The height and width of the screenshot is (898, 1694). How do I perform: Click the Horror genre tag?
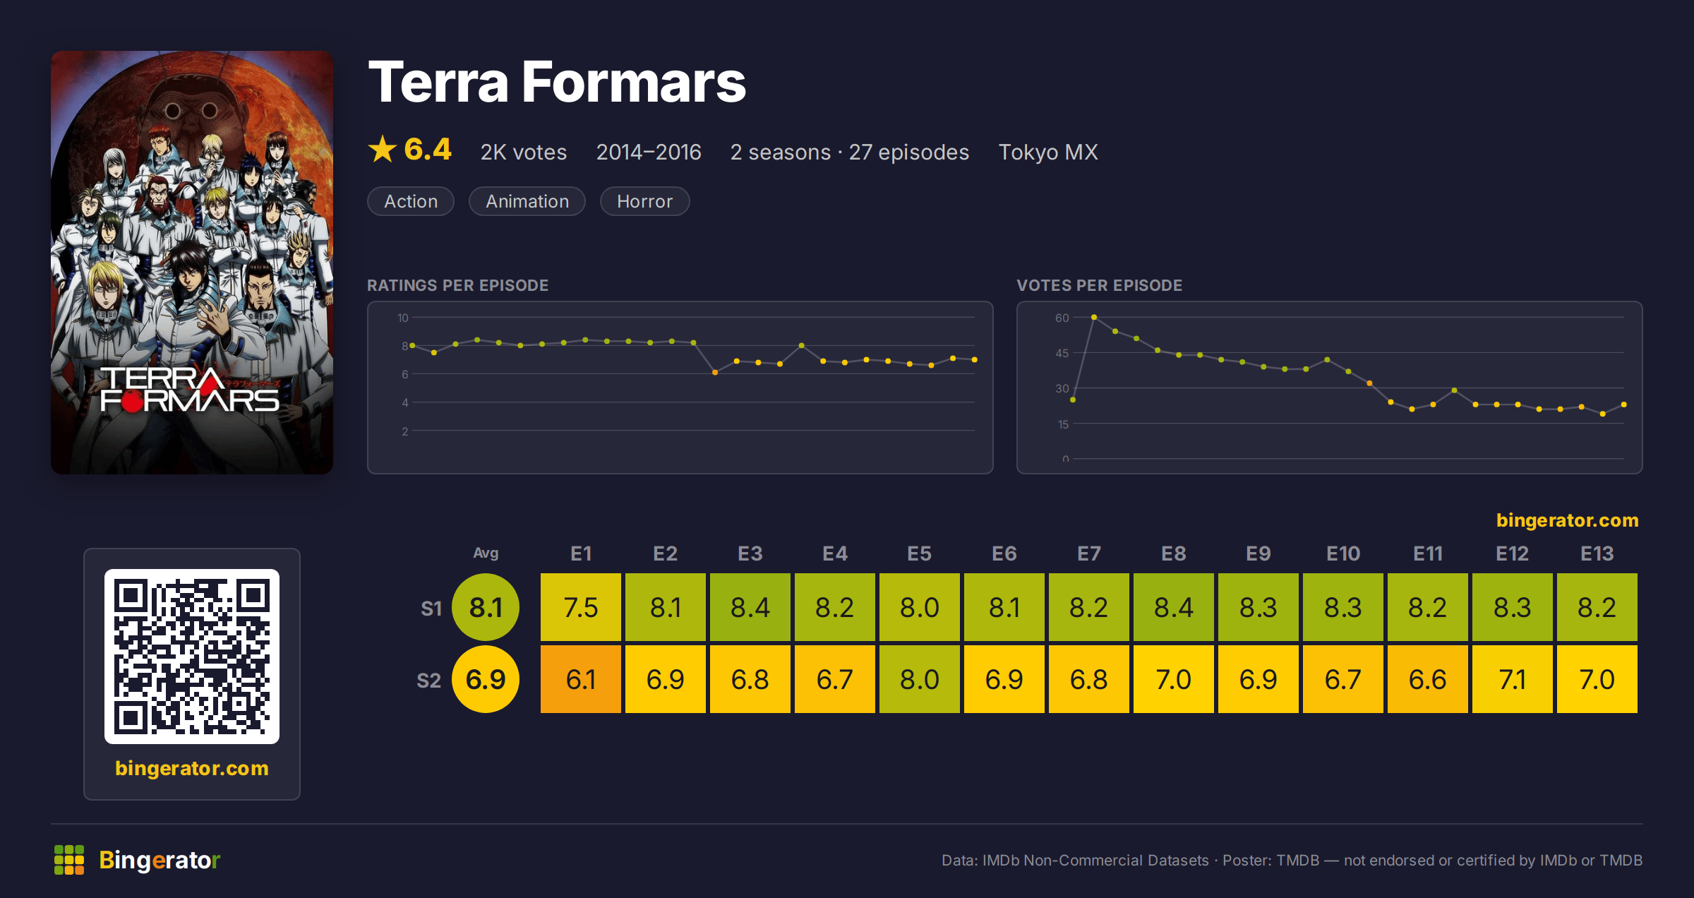[x=644, y=201]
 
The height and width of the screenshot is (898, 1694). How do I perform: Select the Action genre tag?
[x=411, y=201]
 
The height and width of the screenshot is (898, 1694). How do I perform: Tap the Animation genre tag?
[x=527, y=201]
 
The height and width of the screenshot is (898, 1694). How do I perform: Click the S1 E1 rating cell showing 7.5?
[x=581, y=607]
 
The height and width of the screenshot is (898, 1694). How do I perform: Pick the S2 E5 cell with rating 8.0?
[x=920, y=679]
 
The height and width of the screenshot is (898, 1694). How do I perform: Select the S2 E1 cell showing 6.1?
[x=581, y=679]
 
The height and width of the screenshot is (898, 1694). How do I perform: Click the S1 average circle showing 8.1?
[x=486, y=607]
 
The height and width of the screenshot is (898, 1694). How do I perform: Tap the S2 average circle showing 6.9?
[x=486, y=679]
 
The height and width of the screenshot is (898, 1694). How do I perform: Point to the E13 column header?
[x=1597, y=553]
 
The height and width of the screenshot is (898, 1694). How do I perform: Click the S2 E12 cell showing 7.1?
[x=1513, y=679]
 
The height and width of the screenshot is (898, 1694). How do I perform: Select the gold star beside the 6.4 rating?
[x=383, y=149]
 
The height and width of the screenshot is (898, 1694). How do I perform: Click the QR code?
[x=192, y=657]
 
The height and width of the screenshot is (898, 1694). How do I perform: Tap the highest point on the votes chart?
[x=1094, y=318]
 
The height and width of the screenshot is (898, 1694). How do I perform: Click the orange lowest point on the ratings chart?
[x=715, y=372]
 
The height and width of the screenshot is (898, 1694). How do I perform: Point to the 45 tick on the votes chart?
[x=1062, y=353]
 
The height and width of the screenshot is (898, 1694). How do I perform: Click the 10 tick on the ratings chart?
[x=402, y=318]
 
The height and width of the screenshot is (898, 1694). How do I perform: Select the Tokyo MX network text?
[x=1048, y=152]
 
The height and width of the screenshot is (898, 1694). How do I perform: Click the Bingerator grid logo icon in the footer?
[x=69, y=860]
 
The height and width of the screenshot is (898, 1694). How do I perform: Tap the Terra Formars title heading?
[x=557, y=82]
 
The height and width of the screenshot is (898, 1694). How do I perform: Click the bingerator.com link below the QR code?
[x=192, y=768]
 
